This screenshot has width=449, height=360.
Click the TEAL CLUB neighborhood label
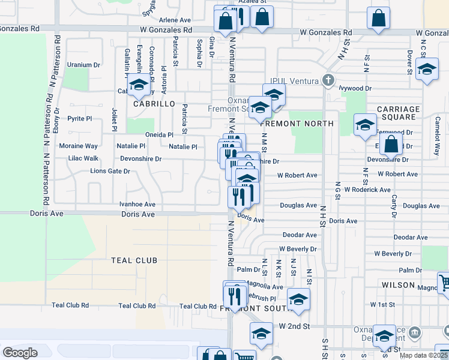(134, 260)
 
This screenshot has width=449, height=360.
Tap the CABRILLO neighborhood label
(154, 104)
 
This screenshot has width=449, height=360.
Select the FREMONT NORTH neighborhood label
(296, 124)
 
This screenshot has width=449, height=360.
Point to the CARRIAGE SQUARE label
(398, 113)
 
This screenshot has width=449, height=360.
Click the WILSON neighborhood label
(398, 285)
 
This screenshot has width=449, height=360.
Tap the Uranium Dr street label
(83, 65)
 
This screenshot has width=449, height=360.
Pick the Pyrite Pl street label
(79, 119)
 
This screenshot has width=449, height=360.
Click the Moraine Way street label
(78, 146)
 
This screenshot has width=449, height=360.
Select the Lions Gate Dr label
(110, 172)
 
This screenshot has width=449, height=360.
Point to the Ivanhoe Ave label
(137, 204)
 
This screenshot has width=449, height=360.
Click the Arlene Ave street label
(178, 20)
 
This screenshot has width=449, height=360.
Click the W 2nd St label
(294, 326)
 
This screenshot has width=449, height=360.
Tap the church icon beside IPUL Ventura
(328, 79)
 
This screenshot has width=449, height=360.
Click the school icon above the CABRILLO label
(138, 85)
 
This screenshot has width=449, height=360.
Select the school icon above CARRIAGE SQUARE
(364, 125)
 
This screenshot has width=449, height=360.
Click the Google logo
(20, 353)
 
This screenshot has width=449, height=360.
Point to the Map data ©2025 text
(423, 355)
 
